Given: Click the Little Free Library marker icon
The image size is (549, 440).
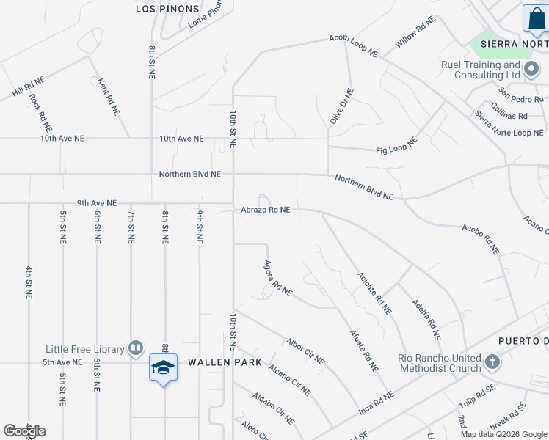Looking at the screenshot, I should tap(136, 348).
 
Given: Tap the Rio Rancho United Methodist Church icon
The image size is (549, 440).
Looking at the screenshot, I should tap(492, 362).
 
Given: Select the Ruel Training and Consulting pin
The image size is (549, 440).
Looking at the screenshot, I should tap(531, 71).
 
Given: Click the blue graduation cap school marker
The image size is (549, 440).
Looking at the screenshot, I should tap(163, 367).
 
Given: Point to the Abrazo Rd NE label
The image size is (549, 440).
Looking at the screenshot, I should tap(266, 210).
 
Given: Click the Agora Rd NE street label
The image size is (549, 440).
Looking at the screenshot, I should tap(277, 279).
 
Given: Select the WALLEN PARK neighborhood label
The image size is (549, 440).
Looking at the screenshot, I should tap(218, 362).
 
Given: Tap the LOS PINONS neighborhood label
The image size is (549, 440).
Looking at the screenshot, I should tap(167, 9).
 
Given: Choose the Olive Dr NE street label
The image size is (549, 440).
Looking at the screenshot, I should tap(341, 106).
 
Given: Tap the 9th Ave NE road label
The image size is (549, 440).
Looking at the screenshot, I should tap(97, 203).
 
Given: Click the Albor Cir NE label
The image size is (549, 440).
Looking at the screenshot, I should tap(305, 351).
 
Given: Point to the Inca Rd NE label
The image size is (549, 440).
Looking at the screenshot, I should tap(376, 400).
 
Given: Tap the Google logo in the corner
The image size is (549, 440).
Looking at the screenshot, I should tap(24, 431).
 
